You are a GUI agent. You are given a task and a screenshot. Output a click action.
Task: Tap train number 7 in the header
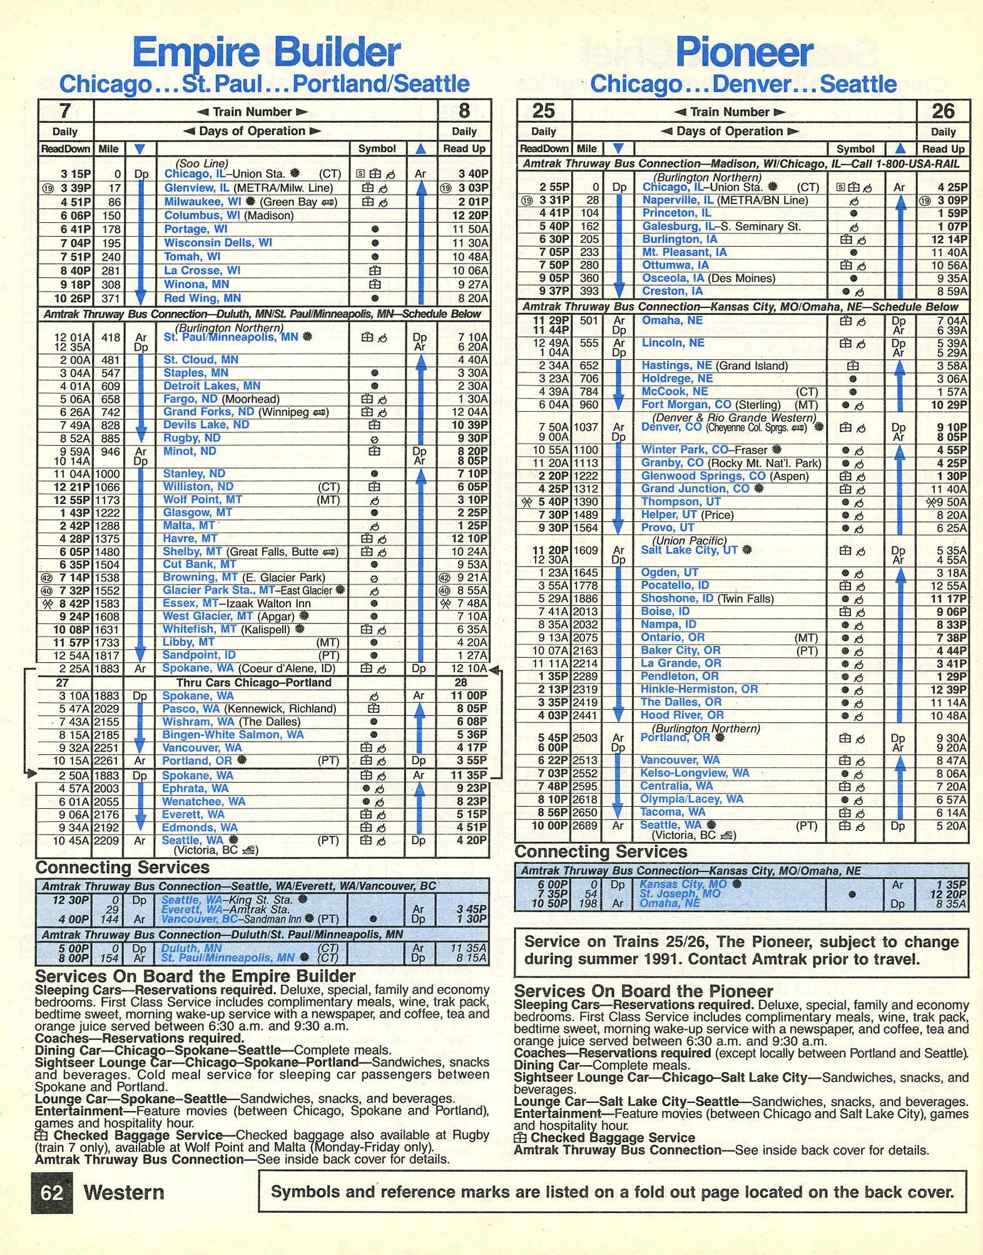pos(64,111)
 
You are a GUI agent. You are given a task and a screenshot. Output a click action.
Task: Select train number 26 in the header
pos(942,111)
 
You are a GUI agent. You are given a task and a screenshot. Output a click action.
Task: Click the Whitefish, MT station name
pos(200,629)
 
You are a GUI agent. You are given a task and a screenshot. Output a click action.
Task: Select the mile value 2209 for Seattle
pos(106,841)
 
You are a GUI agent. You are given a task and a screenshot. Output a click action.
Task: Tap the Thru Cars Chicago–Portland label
pos(253,682)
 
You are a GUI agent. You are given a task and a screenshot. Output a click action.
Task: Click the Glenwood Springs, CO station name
pos(703,476)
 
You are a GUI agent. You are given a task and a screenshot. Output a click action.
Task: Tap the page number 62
pos(52,1192)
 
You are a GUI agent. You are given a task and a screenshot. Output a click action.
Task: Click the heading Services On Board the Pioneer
pos(643,991)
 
